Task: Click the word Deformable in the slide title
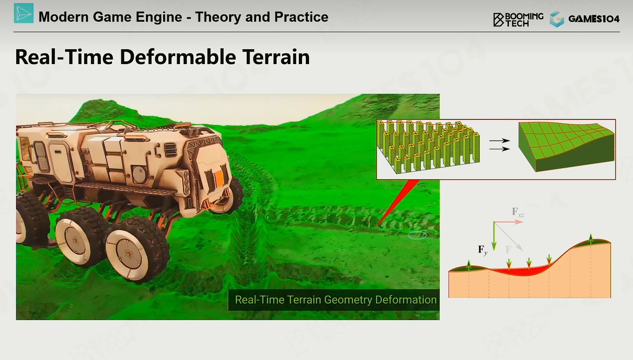point(178,57)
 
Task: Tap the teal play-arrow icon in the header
point(24,13)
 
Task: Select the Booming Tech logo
point(518,20)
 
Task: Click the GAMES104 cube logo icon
point(557,19)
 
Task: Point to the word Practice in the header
point(301,17)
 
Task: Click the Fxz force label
point(518,212)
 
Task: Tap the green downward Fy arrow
point(494,236)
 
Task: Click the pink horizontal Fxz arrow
point(508,222)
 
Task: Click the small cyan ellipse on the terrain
point(417,235)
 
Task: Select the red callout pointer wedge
point(398,203)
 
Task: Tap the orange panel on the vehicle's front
point(219,178)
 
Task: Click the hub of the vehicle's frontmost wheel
point(128,254)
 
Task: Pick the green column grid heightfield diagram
point(429,147)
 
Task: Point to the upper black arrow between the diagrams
point(499,141)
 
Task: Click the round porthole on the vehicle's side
point(139,173)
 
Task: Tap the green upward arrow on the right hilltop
point(591,239)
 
